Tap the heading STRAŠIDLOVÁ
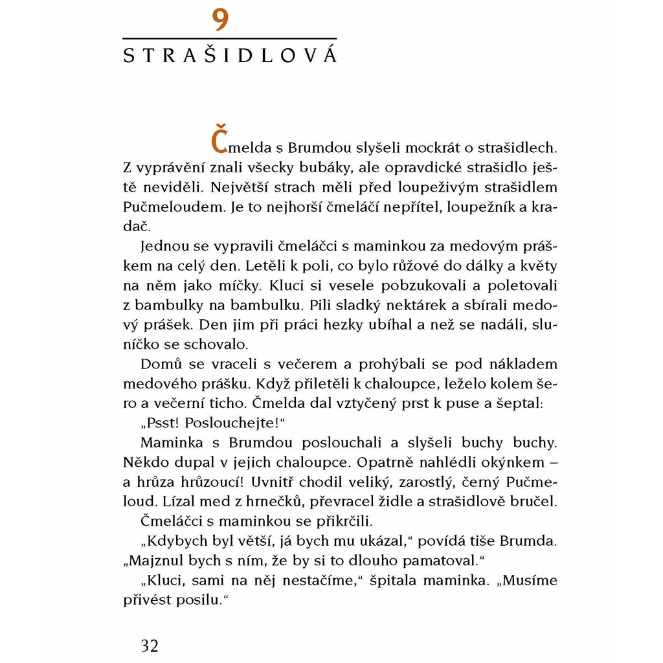pyautogui.click(x=230, y=55)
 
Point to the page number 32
pyautogui.click(x=150, y=646)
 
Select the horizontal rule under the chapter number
pyautogui.click(x=230, y=39)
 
